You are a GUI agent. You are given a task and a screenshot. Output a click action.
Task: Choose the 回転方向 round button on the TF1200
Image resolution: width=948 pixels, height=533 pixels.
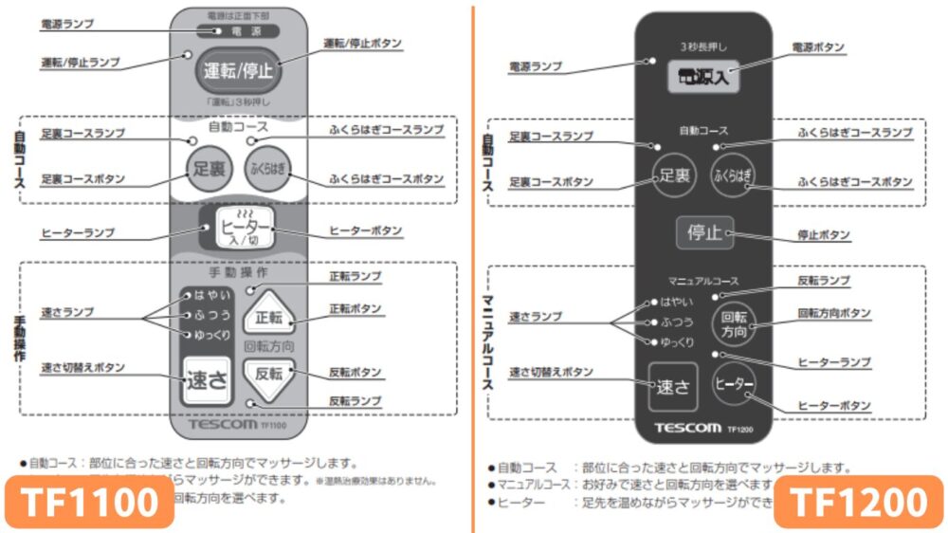[x=734, y=324]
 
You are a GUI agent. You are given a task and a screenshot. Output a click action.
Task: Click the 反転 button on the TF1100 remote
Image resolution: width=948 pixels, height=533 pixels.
[x=268, y=373]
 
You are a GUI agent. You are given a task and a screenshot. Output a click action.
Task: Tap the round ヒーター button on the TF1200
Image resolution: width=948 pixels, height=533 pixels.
[x=734, y=384]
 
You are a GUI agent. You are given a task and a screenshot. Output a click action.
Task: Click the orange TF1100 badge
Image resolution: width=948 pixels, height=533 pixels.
[x=91, y=502]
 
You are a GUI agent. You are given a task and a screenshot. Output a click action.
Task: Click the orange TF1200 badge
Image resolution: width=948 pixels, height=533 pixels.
[x=859, y=502]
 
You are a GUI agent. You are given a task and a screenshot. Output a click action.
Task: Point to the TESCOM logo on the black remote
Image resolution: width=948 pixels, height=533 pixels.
[x=687, y=428]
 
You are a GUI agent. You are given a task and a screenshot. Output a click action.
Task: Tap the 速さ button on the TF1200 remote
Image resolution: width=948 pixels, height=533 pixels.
[x=672, y=386]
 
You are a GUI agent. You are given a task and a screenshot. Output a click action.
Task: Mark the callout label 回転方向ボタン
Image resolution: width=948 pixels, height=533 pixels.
[x=833, y=312]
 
